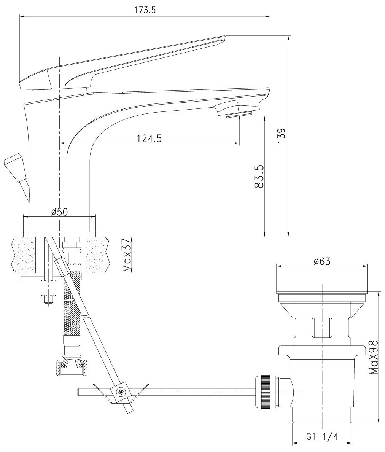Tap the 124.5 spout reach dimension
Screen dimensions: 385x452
click(147, 138)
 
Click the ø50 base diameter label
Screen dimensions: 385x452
click(59, 212)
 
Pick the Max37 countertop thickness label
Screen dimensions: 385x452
click(126, 256)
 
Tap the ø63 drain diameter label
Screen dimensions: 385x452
click(322, 261)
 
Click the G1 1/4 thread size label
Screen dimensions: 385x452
click(322, 438)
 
